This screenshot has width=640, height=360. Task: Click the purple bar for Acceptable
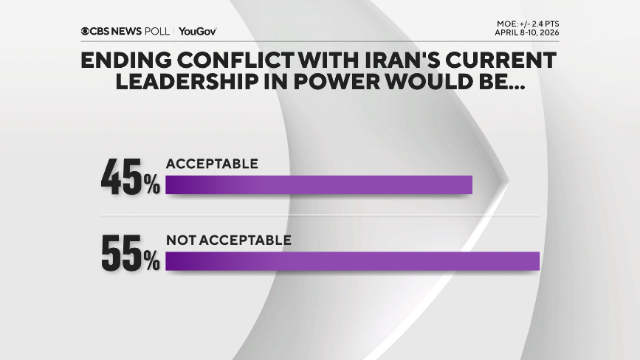pyautogui.click(x=318, y=184)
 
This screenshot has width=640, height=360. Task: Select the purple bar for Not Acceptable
pyautogui.click(x=353, y=261)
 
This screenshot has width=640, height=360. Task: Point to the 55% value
pyautogui.click(x=131, y=254)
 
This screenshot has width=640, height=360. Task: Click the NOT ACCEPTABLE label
pyautogui.click(x=228, y=240)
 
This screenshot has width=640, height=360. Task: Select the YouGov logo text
pyautogui.click(x=198, y=31)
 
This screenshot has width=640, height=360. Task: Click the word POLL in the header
pyautogui.click(x=159, y=31)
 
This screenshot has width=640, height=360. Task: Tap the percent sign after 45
pyautogui.click(x=151, y=185)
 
